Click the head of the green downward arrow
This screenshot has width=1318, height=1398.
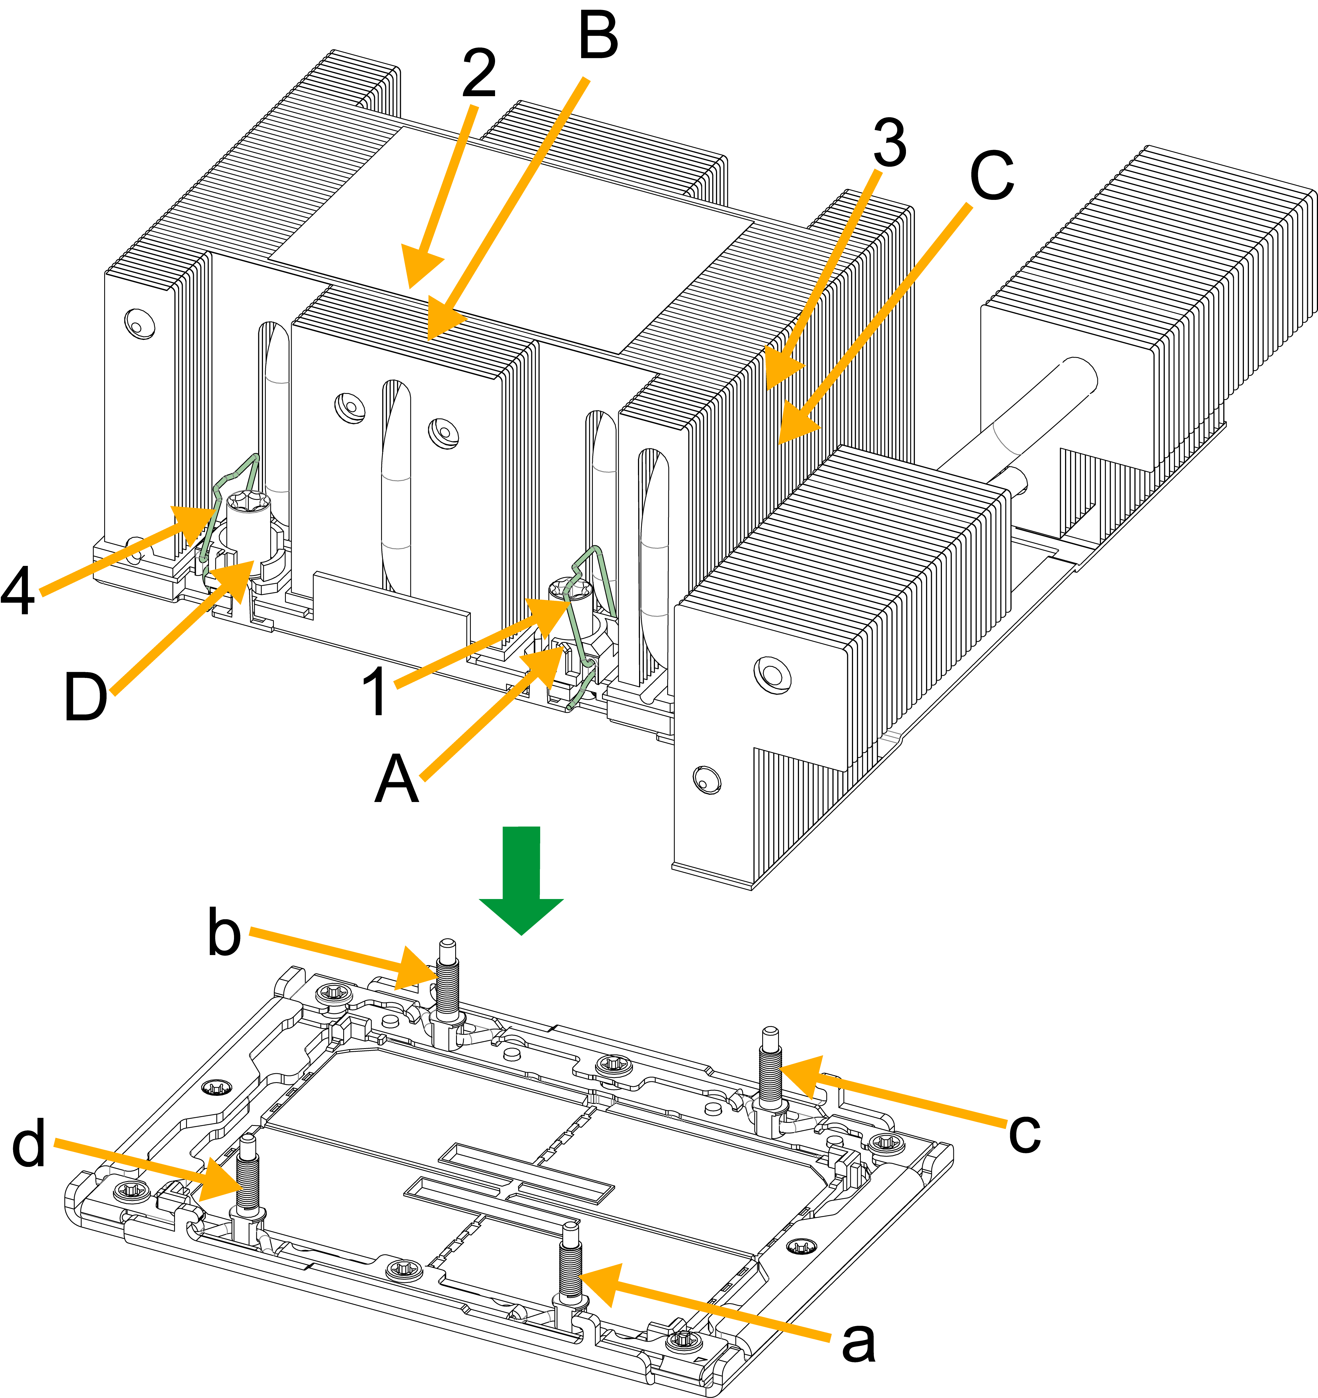click(521, 914)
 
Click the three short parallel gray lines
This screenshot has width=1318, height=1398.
click(890, 737)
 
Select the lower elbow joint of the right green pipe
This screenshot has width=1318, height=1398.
click(588, 661)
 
